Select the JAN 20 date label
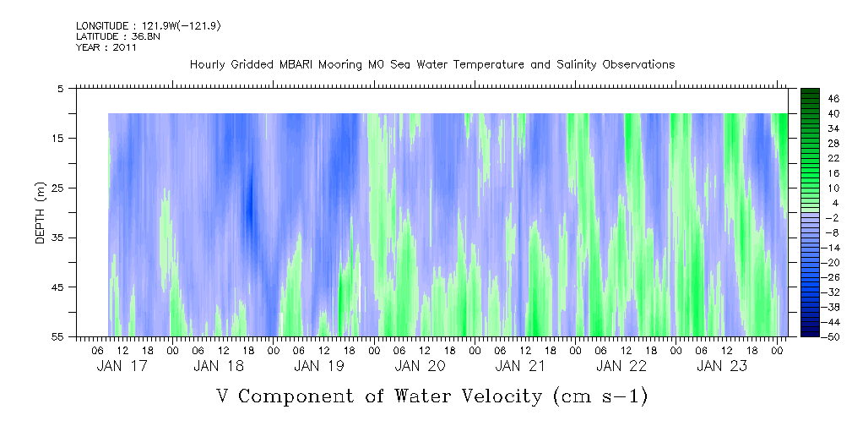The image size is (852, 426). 420,366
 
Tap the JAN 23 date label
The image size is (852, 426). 720,366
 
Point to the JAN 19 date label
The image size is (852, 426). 319,366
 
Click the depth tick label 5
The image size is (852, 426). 61,88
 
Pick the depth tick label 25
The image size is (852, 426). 58,188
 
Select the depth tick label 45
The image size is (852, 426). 58,287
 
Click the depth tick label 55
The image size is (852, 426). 58,336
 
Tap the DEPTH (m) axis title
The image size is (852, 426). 40,212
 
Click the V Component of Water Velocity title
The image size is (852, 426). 431,396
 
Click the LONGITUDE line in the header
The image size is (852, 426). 149,26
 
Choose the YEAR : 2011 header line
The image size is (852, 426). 106,48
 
